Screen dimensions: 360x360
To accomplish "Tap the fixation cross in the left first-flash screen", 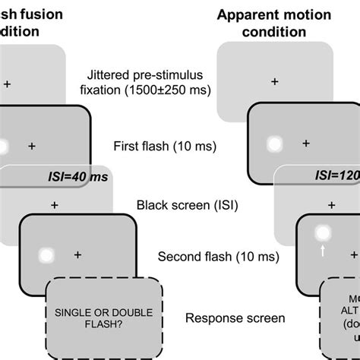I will pyautogui.click(x=32, y=144).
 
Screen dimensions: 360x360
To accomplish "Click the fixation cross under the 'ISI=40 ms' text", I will pyautogui.click(x=54, y=204).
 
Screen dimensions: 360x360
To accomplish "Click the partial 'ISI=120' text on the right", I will pyautogui.click(x=338, y=177).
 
